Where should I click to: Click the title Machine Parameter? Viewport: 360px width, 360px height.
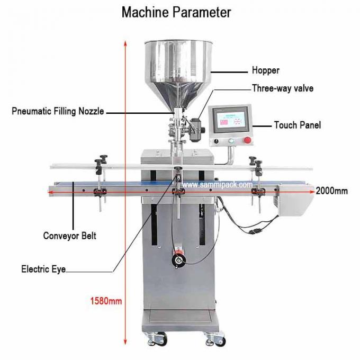(176, 12)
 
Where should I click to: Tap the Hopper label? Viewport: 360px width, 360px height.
(265, 70)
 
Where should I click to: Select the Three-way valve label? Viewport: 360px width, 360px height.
(282, 88)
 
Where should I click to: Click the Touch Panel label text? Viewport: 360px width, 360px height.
(297, 125)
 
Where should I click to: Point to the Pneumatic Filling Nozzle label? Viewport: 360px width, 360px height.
(58, 111)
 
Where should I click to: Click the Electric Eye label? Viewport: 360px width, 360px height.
(43, 269)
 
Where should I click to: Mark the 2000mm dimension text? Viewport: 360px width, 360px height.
(331, 191)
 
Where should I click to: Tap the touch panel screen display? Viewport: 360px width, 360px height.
(231, 119)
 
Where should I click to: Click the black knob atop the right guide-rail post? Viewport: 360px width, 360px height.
(253, 158)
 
